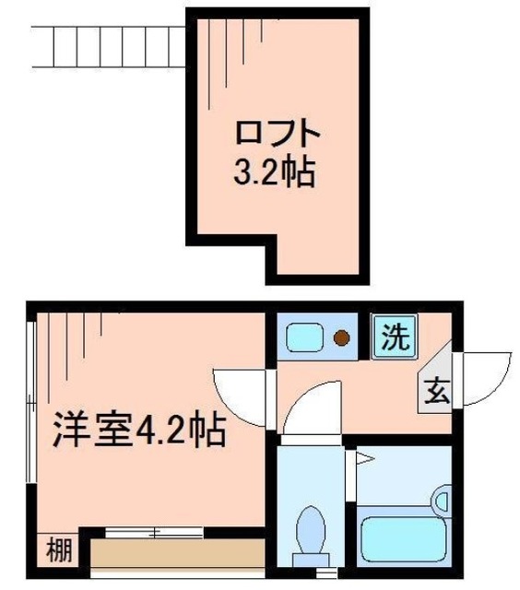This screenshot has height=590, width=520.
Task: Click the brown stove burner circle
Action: pos(343,338)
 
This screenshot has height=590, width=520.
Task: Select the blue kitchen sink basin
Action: pos(305,338)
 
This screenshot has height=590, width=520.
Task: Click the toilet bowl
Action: pos(310,532)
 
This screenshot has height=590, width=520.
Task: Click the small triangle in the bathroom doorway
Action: pos(364,456)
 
